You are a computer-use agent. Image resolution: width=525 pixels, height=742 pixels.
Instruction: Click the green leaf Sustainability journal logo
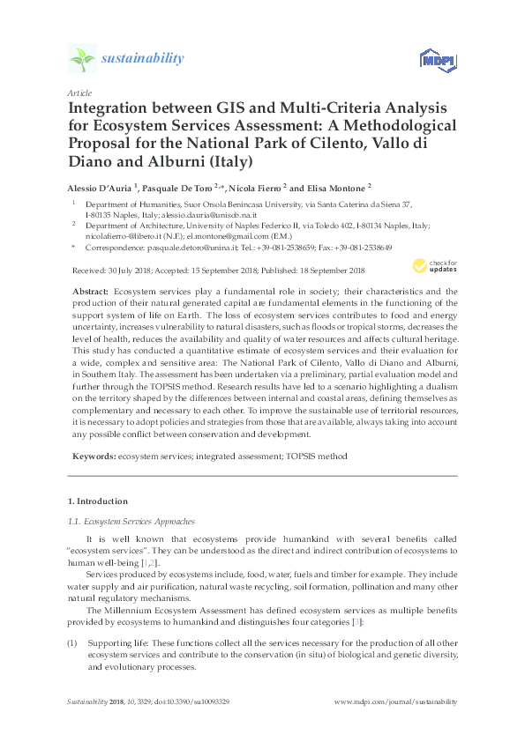tap(83, 59)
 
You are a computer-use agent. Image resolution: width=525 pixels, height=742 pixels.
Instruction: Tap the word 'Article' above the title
tap(79, 93)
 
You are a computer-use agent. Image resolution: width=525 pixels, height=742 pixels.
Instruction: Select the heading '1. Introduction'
tap(102, 501)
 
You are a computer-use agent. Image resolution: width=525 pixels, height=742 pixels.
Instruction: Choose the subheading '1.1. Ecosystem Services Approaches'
tap(132, 521)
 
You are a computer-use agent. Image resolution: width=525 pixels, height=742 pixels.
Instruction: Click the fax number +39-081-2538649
tap(361, 249)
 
